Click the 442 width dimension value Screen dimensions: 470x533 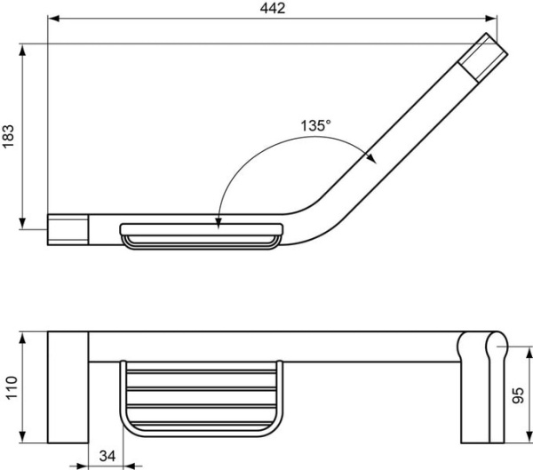[x=273, y=8]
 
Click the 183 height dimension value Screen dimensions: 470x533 [x=9, y=134]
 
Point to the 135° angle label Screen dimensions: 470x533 [x=314, y=125]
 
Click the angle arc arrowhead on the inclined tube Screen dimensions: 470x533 [x=371, y=156]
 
